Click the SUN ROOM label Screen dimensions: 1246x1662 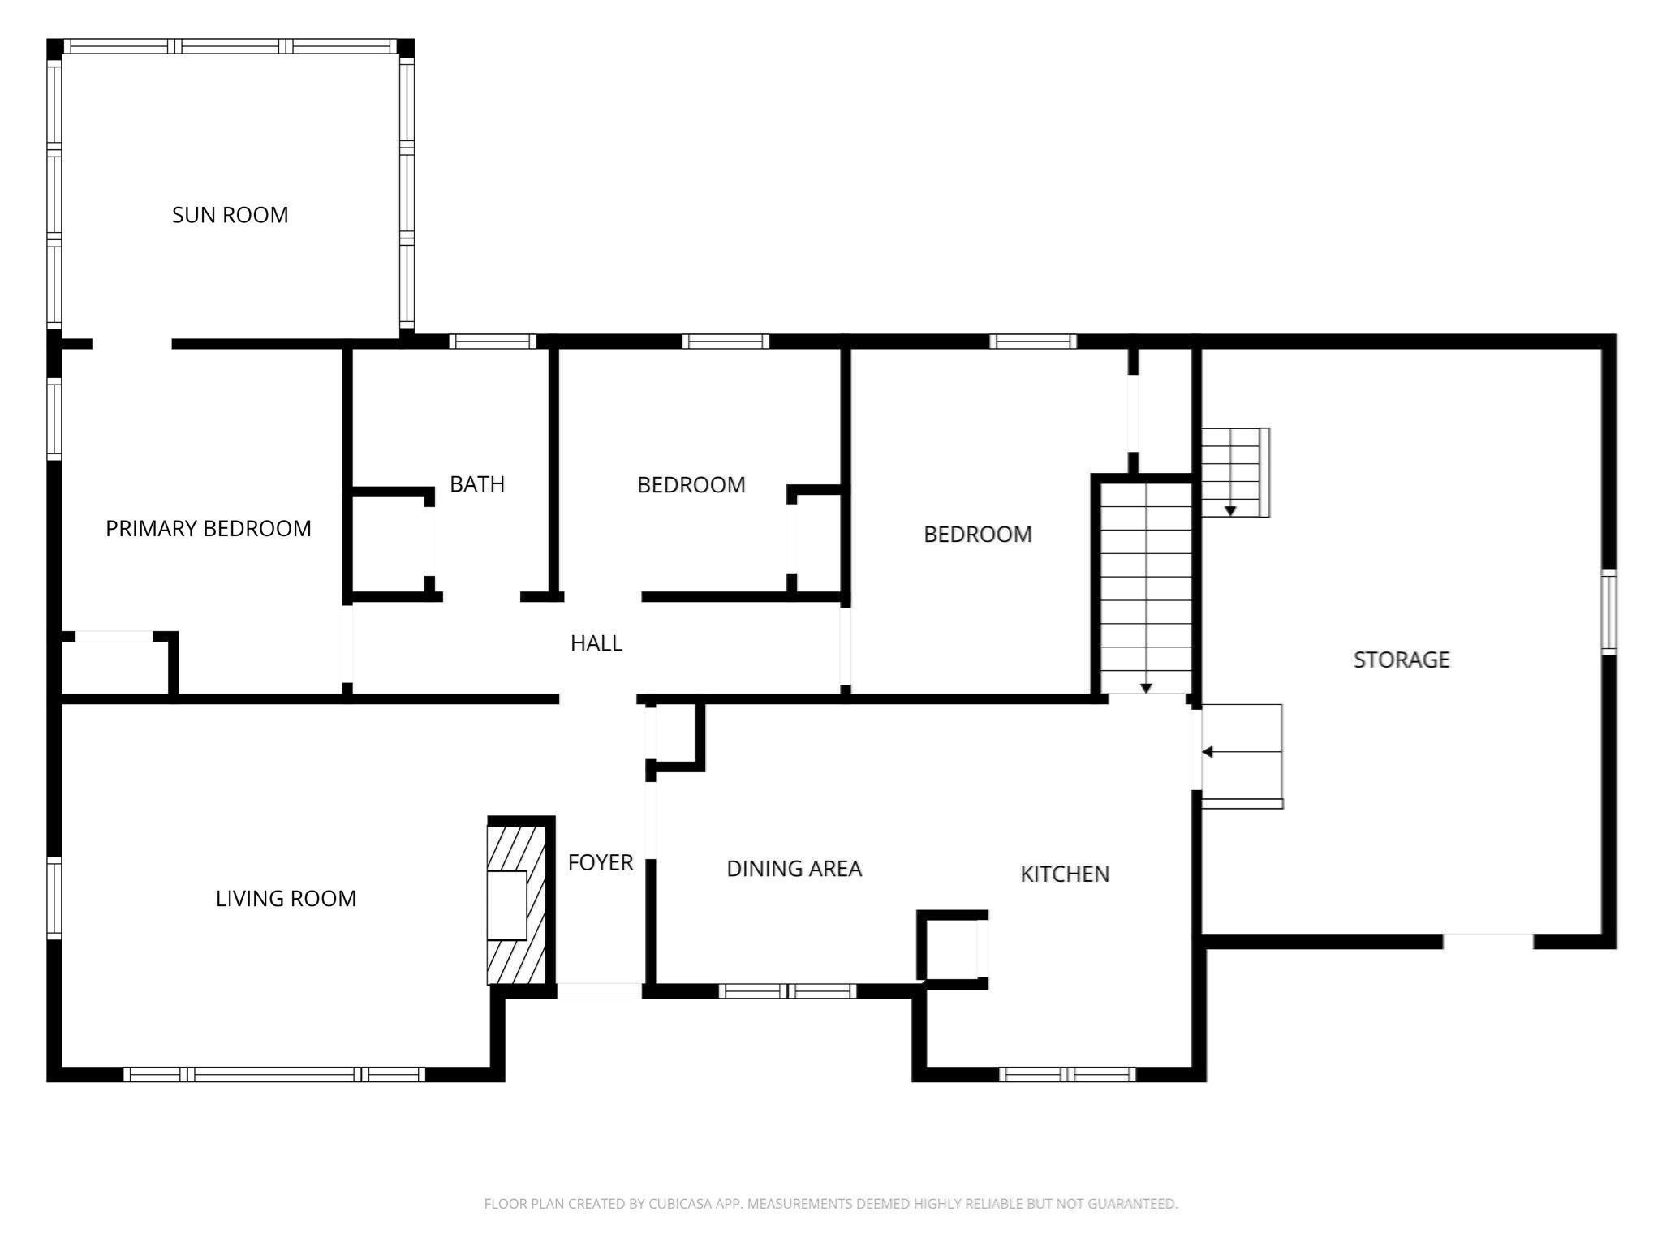pos(230,215)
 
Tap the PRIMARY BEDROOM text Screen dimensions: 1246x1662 pos(209,529)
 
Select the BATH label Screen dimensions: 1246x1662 pos(477,484)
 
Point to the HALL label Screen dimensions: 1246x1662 pos(596,643)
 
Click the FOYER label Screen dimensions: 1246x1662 pos(601,862)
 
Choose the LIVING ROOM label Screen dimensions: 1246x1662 pos(286,899)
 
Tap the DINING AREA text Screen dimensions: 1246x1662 pos(794,869)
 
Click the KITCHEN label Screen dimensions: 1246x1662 pos(1065,874)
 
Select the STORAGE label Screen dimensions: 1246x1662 pos(1402,660)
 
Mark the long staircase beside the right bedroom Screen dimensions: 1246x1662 pos(1145,588)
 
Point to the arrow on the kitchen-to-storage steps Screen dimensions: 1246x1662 pos(1208,752)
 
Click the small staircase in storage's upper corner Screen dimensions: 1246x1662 pos(1234,472)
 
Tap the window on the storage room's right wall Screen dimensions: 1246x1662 pos(1608,612)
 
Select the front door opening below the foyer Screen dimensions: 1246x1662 pos(599,990)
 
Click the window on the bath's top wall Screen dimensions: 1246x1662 pos(492,342)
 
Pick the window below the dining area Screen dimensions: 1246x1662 pos(787,990)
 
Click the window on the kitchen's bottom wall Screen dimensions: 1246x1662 pos(1066,1075)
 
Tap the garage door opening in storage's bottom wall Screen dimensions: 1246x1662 pos(1488,942)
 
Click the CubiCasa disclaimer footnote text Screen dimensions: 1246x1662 pos(830,1204)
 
